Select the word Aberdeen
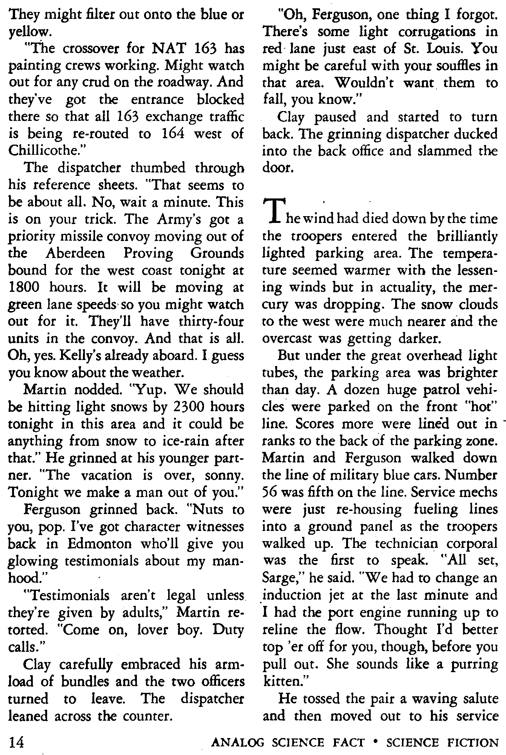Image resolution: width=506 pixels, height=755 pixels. (76, 253)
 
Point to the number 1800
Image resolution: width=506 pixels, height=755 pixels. (26, 287)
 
